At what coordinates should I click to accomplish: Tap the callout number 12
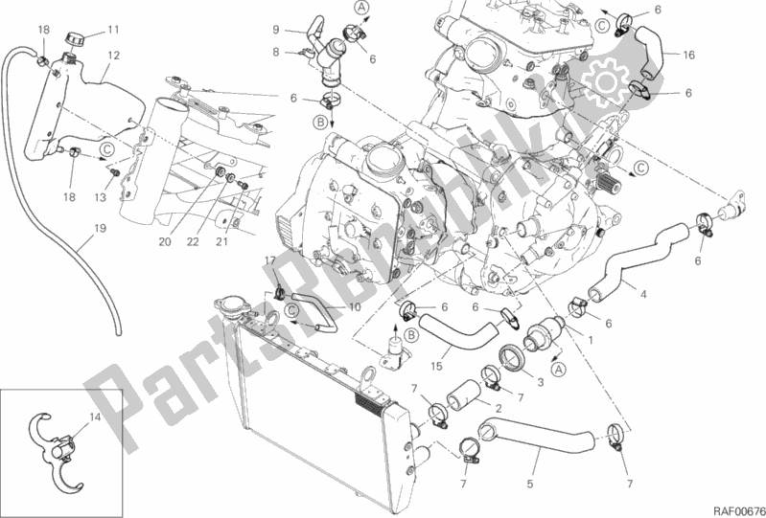(x=114, y=56)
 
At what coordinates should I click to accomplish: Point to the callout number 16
(x=688, y=55)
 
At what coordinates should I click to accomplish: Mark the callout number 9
(x=274, y=30)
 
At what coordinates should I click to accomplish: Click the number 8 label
(x=274, y=53)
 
